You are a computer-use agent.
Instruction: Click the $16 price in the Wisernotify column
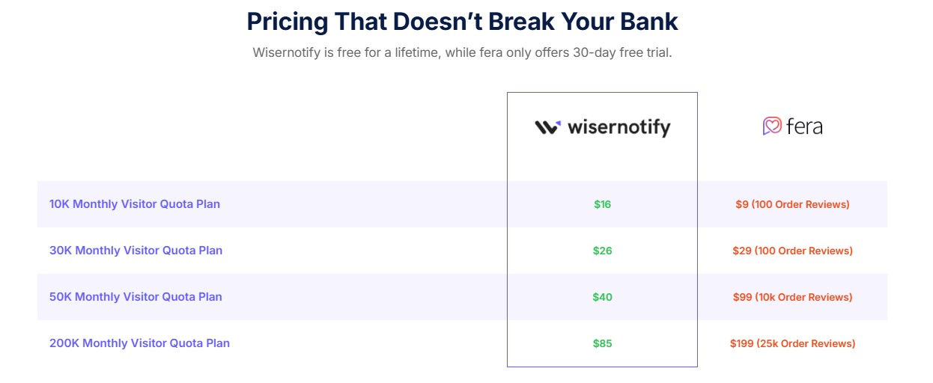pos(602,204)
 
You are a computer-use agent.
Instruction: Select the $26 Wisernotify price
pos(602,251)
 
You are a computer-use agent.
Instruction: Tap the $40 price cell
pos(602,297)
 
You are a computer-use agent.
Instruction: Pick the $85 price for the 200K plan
pos(602,343)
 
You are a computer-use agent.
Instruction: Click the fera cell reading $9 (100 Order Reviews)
pos(792,204)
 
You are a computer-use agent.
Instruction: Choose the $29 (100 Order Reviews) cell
pos(792,251)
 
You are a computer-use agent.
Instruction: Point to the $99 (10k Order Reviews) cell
pos(792,297)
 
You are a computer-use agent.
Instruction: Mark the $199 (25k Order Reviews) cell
pos(792,343)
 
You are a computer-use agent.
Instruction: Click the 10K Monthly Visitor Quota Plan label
pos(135,203)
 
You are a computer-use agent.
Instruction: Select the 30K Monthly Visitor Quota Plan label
pos(136,250)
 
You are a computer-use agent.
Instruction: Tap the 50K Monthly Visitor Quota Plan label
pos(136,296)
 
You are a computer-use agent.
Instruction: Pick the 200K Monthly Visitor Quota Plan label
pos(139,343)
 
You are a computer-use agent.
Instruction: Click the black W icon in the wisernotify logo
pos(547,127)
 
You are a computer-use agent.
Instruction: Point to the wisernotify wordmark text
pos(619,127)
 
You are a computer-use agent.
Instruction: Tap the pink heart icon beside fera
pos(772,126)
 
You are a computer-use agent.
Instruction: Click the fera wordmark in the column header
pos(804,126)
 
